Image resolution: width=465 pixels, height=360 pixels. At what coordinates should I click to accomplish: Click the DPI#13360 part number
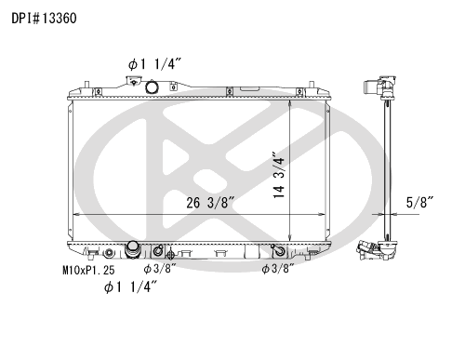click(x=44, y=19)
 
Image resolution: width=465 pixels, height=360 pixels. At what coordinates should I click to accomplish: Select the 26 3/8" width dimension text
click(x=210, y=203)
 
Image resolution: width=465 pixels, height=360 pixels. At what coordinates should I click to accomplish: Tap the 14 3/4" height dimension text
click(x=278, y=175)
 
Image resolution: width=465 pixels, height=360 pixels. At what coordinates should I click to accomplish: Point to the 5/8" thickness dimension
click(x=419, y=203)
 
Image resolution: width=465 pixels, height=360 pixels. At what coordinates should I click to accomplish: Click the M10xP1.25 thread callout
click(x=88, y=270)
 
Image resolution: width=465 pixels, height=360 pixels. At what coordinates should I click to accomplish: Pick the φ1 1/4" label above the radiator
click(x=154, y=64)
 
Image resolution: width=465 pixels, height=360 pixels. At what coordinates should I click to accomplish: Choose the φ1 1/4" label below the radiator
click(x=130, y=287)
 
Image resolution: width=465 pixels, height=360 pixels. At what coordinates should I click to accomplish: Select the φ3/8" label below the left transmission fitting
click(x=160, y=269)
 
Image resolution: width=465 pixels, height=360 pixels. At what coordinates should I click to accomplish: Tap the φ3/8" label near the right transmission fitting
click(x=278, y=269)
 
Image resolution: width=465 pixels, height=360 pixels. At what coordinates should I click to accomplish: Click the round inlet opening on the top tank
click(x=152, y=87)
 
